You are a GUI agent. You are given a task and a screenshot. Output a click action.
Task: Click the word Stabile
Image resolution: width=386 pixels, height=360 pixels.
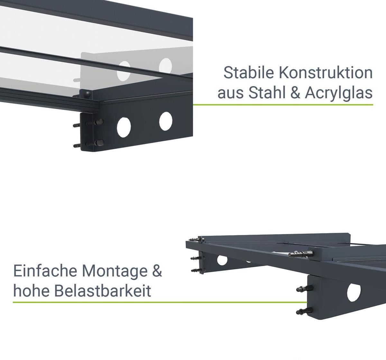pyautogui.click(x=249, y=73)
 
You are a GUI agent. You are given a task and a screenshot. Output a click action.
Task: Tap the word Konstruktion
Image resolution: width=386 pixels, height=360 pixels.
pyautogui.click(x=326, y=73)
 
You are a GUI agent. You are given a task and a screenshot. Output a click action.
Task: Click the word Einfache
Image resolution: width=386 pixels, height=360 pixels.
pyautogui.click(x=45, y=271)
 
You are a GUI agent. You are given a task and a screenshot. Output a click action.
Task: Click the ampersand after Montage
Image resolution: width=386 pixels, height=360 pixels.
pyautogui.click(x=157, y=271)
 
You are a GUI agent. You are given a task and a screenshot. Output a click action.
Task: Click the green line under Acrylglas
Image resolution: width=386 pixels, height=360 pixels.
pyautogui.click(x=283, y=105)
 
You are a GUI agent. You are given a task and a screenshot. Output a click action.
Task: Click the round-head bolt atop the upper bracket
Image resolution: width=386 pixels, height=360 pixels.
pyautogui.click(x=87, y=94)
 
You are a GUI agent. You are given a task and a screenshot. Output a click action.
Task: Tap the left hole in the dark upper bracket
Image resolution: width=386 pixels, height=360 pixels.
pyautogui.click(x=124, y=127)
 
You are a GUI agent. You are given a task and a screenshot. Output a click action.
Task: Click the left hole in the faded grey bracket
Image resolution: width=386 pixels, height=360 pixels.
pyautogui.click(x=124, y=71)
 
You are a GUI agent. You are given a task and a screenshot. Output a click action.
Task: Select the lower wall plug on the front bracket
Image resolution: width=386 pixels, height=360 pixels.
pyautogui.click(x=304, y=311)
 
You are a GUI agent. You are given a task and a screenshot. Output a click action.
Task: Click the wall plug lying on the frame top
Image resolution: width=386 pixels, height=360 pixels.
pyautogui.click(x=301, y=254)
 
